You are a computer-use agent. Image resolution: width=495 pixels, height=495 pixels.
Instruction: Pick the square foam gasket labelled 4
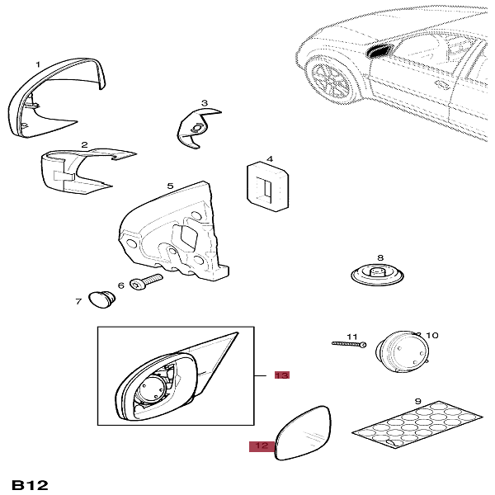point(267,186)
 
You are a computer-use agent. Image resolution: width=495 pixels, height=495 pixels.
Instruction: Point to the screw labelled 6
point(146,282)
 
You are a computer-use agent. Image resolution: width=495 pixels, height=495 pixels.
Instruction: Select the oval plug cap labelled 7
point(101,299)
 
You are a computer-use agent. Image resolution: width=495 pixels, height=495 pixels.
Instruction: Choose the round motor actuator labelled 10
point(403,351)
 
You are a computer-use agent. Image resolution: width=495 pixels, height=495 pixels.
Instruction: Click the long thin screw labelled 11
point(349,344)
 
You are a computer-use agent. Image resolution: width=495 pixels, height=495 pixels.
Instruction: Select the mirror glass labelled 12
point(303,433)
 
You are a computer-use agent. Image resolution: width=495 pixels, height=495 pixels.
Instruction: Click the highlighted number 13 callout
point(282,375)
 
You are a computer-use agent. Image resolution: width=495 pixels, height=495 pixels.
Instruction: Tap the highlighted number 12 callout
point(262,446)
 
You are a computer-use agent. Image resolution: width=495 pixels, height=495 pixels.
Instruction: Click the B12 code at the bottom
point(30,485)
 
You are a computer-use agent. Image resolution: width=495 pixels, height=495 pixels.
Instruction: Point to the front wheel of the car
point(332,81)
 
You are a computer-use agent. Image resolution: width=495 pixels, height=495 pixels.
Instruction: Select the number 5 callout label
point(170,186)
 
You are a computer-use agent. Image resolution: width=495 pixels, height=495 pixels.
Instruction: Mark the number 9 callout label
point(417,401)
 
